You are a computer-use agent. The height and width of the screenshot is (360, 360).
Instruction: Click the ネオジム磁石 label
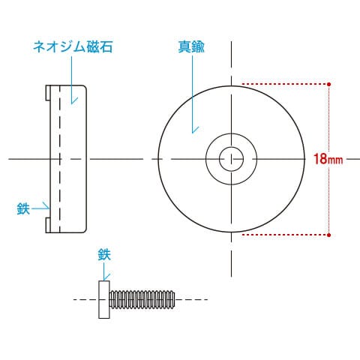tap(73, 46)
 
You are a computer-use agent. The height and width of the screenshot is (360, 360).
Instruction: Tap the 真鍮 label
tap(191, 46)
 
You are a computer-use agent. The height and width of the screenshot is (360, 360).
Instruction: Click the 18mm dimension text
tap(328, 159)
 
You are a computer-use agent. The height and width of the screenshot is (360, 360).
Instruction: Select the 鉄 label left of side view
tap(23, 208)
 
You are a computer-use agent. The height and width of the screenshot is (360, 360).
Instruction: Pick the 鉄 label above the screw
tap(104, 254)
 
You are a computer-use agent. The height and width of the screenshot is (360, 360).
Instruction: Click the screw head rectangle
tap(104, 299)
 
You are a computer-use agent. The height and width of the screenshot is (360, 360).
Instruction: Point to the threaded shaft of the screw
tap(142, 299)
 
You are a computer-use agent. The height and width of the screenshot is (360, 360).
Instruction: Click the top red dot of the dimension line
tap(329, 84)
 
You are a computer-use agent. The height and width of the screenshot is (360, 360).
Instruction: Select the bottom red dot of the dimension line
tap(329, 235)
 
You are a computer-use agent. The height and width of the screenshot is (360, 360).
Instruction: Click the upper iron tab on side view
tap(48, 93)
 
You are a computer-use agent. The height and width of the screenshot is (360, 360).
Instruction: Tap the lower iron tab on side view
tap(48, 225)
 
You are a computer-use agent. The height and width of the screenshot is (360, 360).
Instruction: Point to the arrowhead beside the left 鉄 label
tap(47, 207)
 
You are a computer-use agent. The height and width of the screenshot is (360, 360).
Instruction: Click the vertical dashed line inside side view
tap(60, 159)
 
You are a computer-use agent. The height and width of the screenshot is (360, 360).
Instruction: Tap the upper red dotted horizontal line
tap(285, 84)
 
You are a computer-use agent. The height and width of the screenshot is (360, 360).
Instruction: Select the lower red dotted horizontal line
tap(285, 235)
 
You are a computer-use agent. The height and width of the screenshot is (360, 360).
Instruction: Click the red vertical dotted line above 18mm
tap(329, 118)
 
